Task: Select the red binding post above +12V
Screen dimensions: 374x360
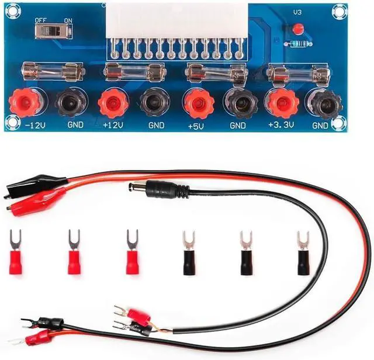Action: [x=113, y=103]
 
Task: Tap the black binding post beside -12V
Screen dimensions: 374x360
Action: [x=71, y=103]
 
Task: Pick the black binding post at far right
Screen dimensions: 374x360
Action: [x=322, y=103]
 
